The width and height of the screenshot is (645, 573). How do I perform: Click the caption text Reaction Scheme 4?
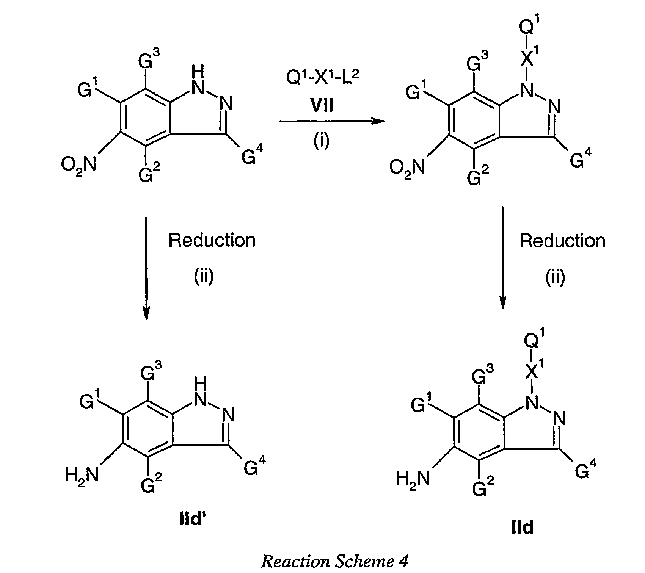(x=334, y=561)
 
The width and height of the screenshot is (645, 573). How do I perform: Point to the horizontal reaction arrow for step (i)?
(x=332, y=121)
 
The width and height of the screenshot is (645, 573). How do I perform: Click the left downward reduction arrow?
(x=146, y=268)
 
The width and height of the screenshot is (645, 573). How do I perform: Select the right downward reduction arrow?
(x=503, y=258)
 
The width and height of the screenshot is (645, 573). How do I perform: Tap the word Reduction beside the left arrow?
(x=212, y=240)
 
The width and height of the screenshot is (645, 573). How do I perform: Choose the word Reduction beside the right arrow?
(x=563, y=241)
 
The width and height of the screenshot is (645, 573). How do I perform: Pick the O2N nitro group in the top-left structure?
(x=79, y=165)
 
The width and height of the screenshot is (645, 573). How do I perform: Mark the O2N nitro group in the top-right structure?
(x=408, y=168)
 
